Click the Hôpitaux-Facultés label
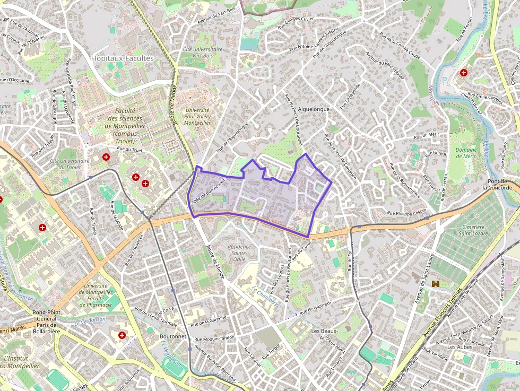(x=122, y=58)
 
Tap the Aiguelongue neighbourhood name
(x=314, y=109)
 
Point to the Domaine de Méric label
(x=466, y=153)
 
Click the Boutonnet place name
(x=173, y=336)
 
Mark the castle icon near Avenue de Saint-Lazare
(x=436, y=285)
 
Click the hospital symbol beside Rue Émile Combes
(x=464, y=72)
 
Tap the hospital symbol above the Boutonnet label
(x=122, y=335)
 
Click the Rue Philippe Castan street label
(x=406, y=213)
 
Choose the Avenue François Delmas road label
(x=441, y=312)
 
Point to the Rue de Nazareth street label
(x=314, y=308)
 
